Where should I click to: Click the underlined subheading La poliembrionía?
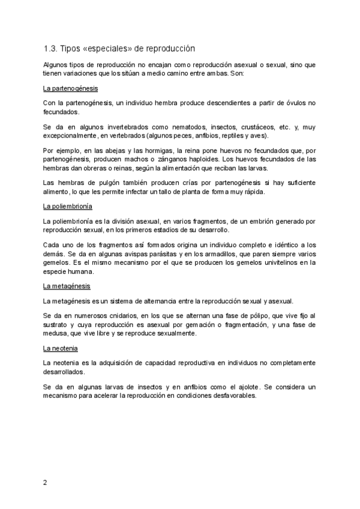[x=68, y=206]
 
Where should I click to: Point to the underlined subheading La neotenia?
[x=60, y=348]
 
